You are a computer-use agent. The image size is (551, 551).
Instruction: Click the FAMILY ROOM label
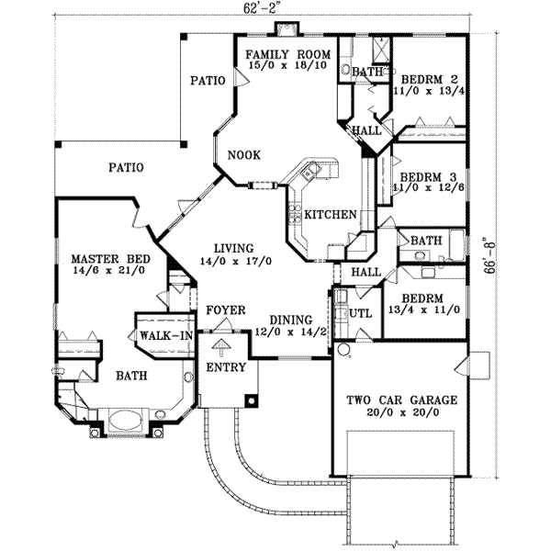(x=287, y=54)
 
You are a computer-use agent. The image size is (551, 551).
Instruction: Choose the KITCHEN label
(x=331, y=215)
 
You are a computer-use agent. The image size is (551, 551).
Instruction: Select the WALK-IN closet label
(x=165, y=336)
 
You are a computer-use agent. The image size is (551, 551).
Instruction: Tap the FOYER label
(x=225, y=310)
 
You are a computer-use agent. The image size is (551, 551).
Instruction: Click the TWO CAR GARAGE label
(x=398, y=400)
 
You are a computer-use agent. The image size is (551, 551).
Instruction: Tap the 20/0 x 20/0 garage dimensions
(x=398, y=414)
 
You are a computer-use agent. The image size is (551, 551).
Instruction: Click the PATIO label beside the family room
(x=208, y=81)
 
